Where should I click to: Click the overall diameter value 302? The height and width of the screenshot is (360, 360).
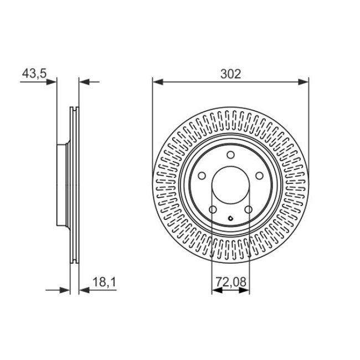click(230, 74)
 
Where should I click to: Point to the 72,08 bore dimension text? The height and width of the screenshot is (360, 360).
click(230, 282)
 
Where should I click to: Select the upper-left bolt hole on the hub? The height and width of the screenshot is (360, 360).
click(203, 176)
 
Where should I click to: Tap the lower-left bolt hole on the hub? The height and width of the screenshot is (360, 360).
click(213, 209)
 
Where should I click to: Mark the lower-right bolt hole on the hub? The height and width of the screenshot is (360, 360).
click(249, 209)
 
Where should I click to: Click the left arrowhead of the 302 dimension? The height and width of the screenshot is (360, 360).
click(157, 82)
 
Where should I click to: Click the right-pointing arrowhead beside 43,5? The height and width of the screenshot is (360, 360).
click(53, 82)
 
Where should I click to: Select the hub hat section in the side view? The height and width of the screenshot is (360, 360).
click(62, 184)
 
